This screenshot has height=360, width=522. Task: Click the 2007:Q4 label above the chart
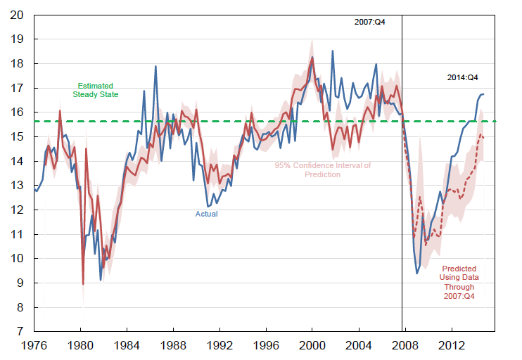point(369,22)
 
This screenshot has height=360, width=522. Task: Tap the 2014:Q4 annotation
point(463,77)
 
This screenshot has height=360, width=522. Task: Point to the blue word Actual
point(206,214)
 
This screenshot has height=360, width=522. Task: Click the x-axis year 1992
point(219,346)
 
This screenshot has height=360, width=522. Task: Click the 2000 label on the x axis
point(312,346)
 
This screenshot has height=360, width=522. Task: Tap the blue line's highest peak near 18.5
point(333,51)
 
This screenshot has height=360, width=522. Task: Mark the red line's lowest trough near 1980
point(83,284)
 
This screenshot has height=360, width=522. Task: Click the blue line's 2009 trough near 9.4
point(417,273)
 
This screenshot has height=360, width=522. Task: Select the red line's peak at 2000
point(312,57)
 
